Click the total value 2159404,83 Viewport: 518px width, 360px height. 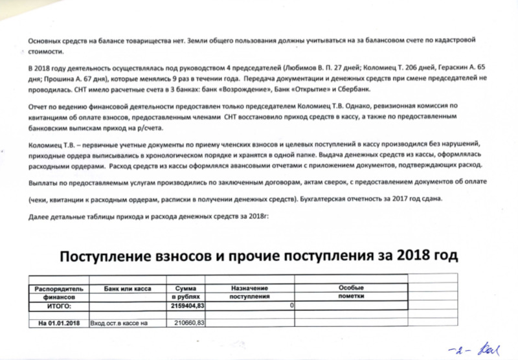[x=188, y=304]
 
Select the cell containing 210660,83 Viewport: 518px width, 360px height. [x=190, y=322]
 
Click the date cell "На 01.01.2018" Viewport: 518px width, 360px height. [x=60, y=322]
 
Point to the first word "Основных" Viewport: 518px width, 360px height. [x=47, y=41]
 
